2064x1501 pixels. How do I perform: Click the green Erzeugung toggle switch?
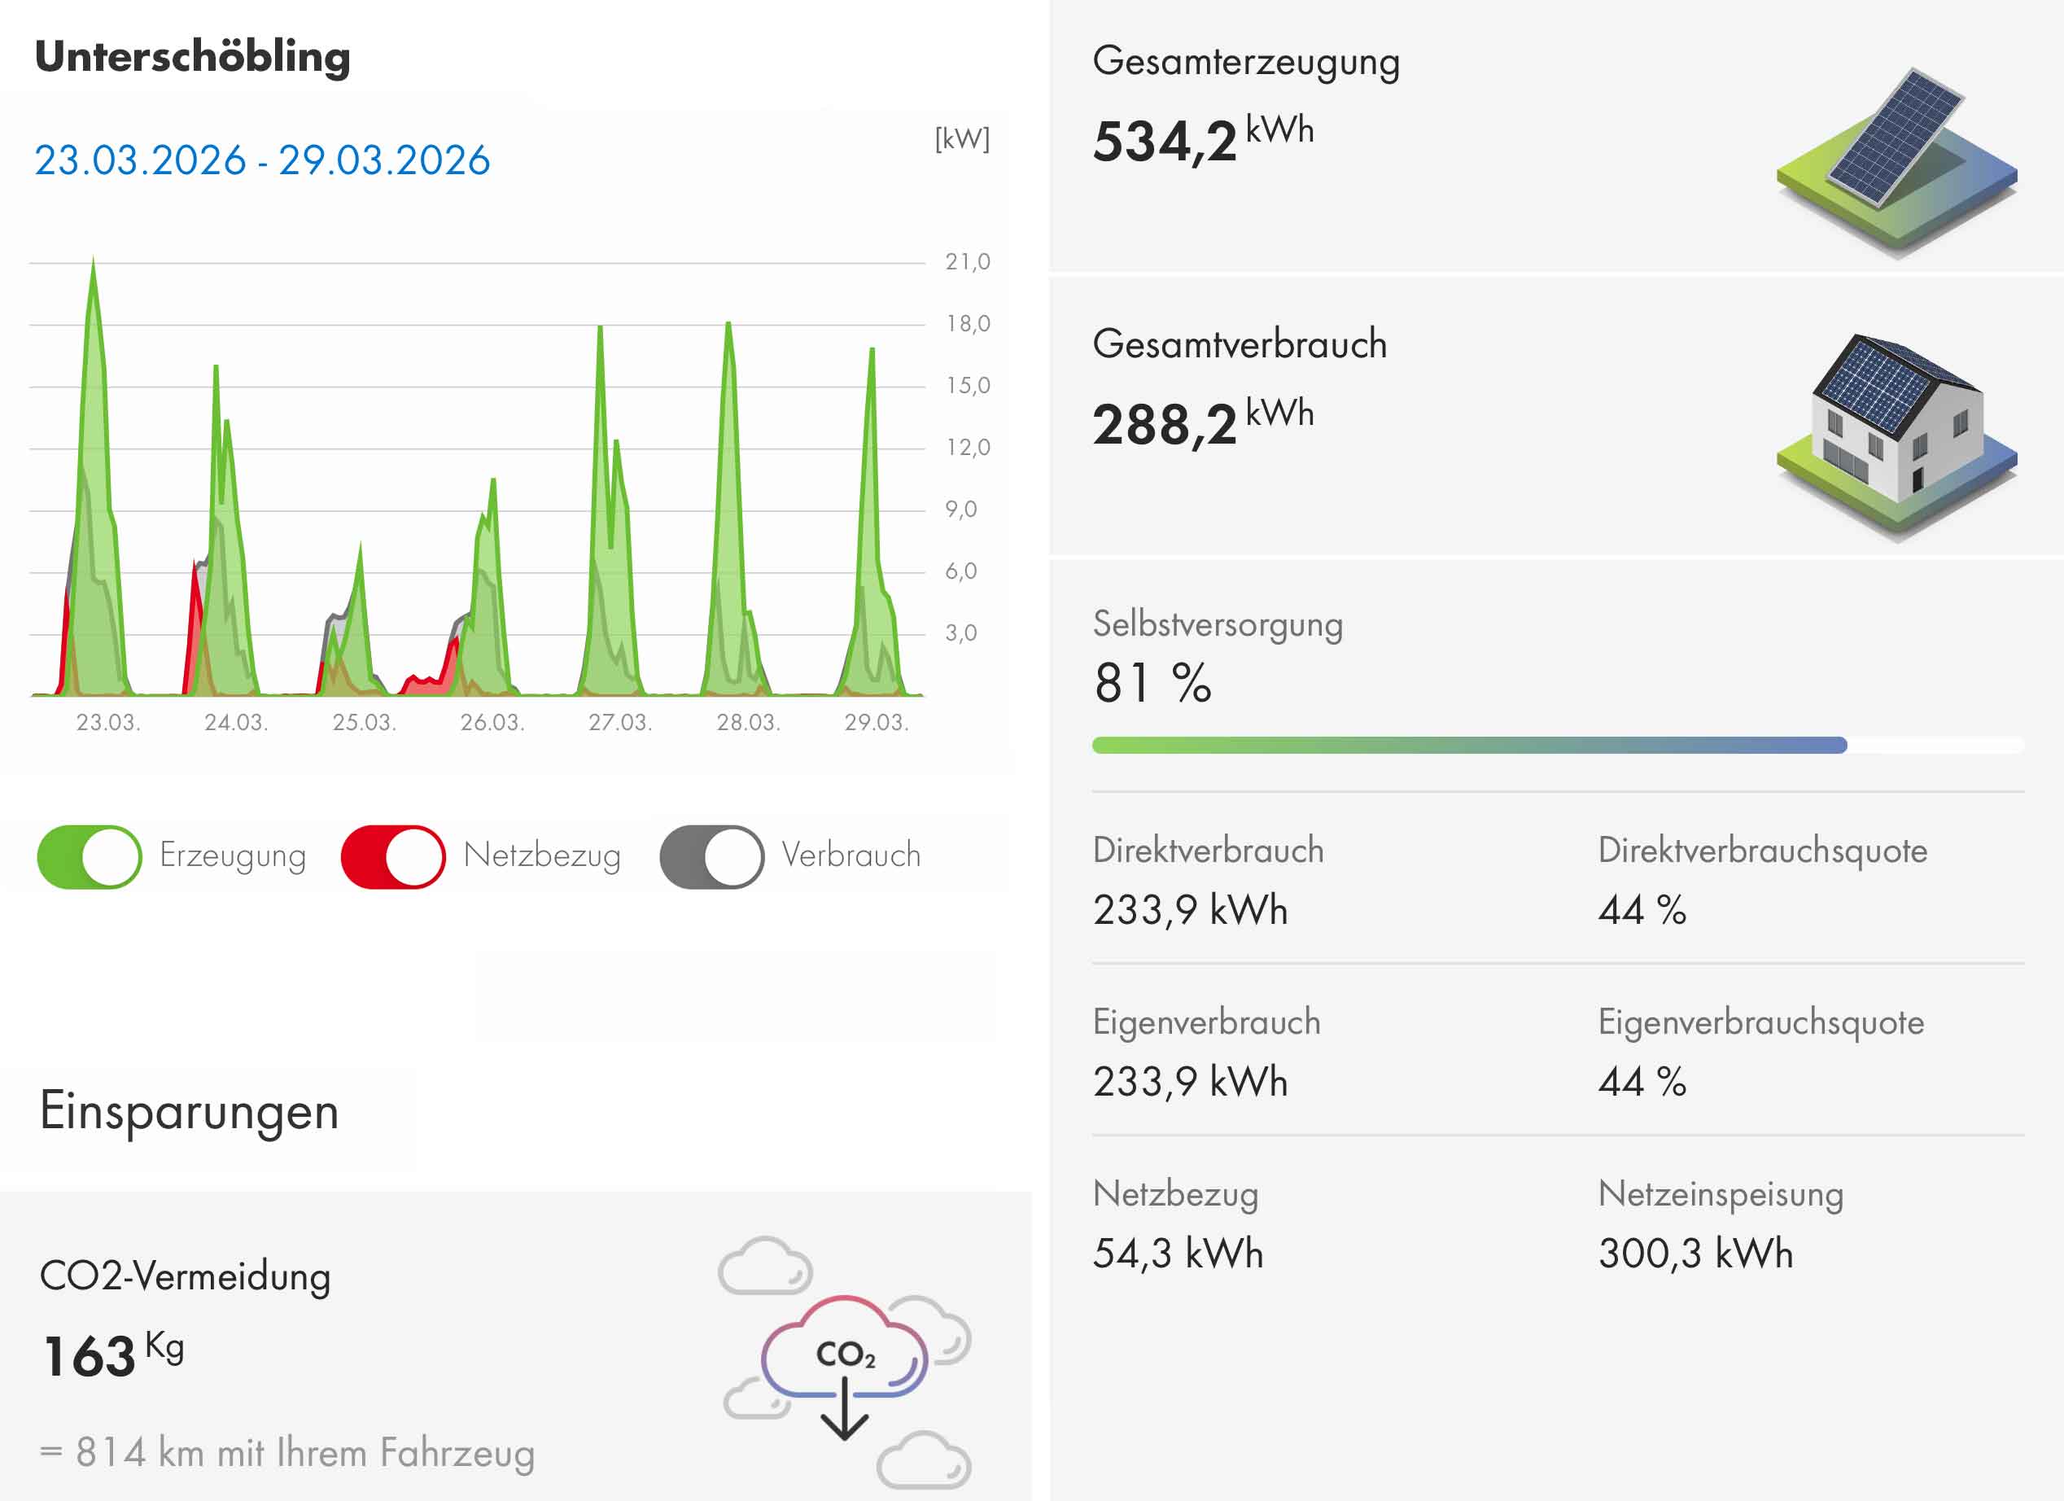pyautogui.click(x=90, y=856)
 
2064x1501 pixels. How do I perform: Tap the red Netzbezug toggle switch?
pyautogui.click(x=393, y=856)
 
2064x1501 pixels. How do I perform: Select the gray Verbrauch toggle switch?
pyautogui.click(x=711, y=856)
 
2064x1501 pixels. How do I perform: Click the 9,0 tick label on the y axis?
pyautogui.click(x=961, y=510)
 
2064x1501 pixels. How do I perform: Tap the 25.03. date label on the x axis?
pyautogui.click(x=364, y=723)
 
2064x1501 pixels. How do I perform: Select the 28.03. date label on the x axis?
pyautogui.click(x=748, y=723)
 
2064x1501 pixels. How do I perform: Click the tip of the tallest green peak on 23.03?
pyautogui.click(x=93, y=261)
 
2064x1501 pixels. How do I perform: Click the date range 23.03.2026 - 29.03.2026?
pyautogui.click(x=262, y=160)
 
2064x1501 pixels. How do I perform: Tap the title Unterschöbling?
pyautogui.click(x=192, y=56)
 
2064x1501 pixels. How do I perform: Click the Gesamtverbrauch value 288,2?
pyautogui.click(x=1165, y=425)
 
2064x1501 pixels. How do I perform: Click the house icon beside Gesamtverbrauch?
pyautogui.click(x=1896, y=437)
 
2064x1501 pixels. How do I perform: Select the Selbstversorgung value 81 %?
pyautogui.click(x=1152, y=684)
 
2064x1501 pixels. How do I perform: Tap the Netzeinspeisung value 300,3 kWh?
pyautogui.click(x=1695, y=1254)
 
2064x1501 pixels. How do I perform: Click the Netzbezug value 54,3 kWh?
pyautogui.click(x=1178, y=1254)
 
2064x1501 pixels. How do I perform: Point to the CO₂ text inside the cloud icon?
pyautogui.click(x=846, y=1354)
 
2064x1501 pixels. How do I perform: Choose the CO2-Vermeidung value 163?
pyautogui.click(x=90, y=1356)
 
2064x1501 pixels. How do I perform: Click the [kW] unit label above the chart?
pyautogui.click(x=962, y=139)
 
